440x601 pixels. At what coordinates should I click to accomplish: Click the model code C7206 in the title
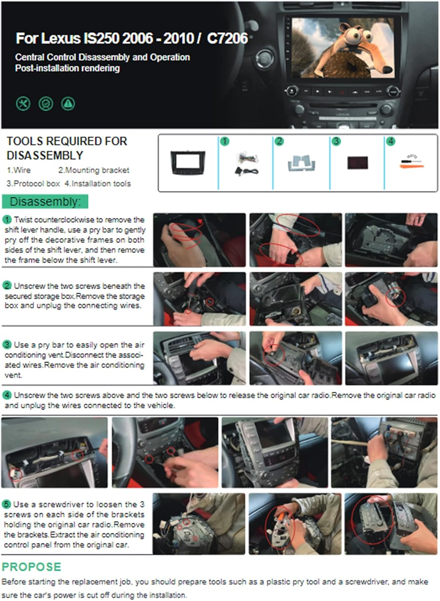pos(227,38)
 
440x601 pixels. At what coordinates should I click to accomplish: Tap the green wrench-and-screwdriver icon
pos(23,104)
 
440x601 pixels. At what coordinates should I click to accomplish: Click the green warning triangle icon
pos(68,104)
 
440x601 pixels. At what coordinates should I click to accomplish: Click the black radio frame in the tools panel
pos(188,162)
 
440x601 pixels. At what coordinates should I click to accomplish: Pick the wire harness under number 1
pos(247,163)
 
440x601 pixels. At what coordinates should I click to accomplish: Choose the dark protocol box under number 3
pos(357,163)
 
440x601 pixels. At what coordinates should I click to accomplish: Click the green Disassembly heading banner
pos(45,202)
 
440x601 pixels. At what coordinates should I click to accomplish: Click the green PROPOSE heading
pos(32,567)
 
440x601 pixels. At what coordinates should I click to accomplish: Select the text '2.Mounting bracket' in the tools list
pos(94,170)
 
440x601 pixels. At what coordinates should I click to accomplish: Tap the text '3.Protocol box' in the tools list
pos(33,184)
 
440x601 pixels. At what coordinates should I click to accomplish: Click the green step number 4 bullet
pos(7,395)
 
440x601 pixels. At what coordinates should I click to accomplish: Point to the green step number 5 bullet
pos(7,504)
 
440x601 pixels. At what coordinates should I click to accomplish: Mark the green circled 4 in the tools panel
pos(390,141)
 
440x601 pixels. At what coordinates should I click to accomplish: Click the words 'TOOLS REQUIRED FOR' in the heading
pos(66,141)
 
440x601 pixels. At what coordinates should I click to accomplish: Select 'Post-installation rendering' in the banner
pos(67,69)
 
